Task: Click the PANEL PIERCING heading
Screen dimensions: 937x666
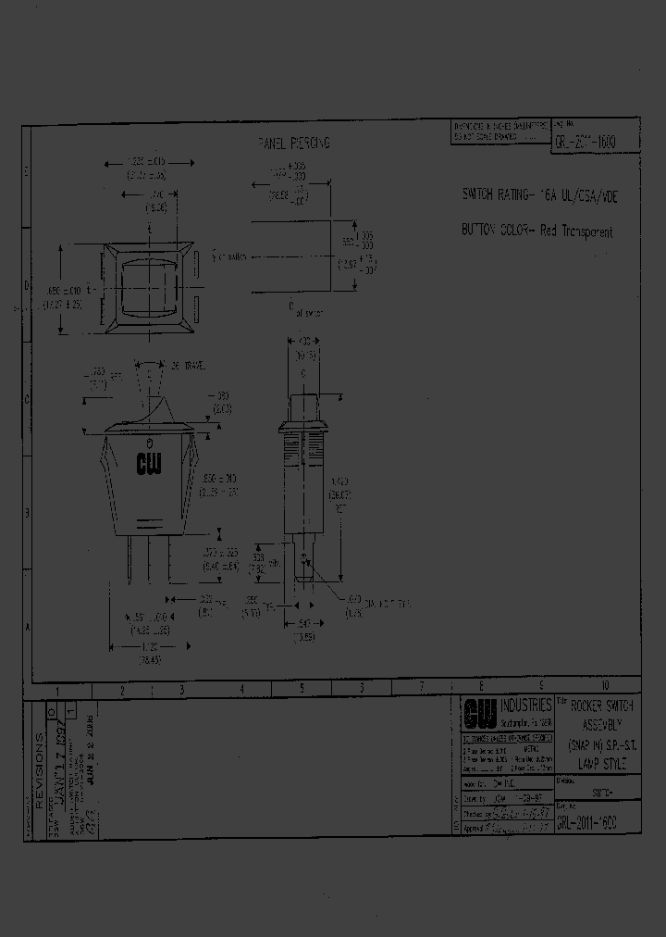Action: click(x=293, y=144)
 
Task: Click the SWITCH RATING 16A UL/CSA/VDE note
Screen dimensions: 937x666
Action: click(x=537, y=196)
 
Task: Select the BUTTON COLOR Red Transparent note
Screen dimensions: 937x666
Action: click(x=537, y=232)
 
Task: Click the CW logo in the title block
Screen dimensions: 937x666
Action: click(x=477, y=713)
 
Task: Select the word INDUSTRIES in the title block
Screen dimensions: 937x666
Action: click(x=525, y=706)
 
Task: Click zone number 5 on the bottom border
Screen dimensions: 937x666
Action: click(x=302, y=688)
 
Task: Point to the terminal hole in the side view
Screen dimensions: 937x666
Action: click(x=304, y=557)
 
